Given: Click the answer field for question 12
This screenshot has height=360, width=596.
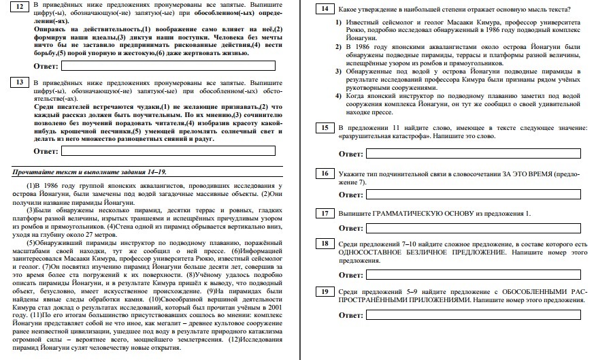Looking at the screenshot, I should point(168,65).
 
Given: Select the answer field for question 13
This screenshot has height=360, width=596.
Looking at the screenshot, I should point(168,150).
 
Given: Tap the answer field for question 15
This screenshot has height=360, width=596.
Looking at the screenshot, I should point(474,153).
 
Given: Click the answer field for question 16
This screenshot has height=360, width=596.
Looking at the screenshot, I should point(474,195).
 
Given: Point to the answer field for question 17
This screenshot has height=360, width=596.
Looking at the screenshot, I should point(474,227).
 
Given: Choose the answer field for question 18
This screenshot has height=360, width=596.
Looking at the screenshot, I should point(474,275).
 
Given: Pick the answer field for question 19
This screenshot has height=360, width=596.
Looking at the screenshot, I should point(474,315).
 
